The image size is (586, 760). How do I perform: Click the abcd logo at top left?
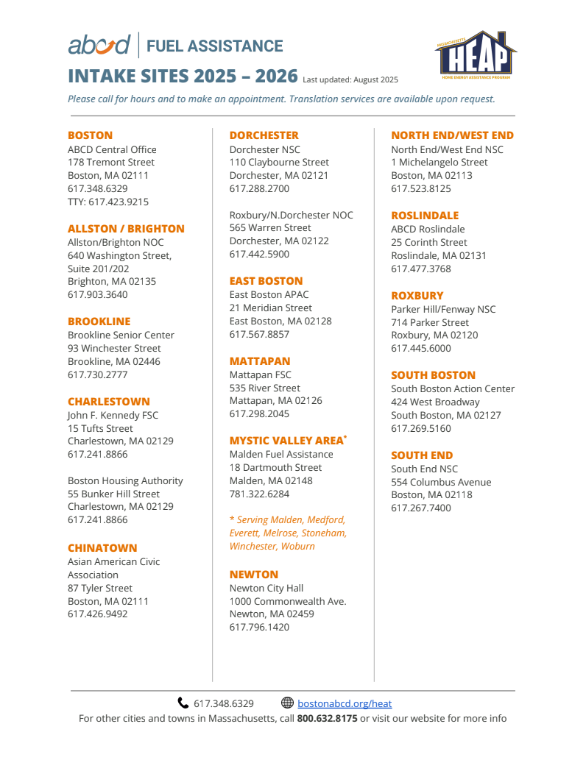[99, 45]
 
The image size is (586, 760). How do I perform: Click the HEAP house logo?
[475, 54]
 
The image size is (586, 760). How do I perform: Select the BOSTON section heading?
[90, 135]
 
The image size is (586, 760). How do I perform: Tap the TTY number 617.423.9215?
[108, 202]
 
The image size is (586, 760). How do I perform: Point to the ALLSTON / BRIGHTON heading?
[126, 229]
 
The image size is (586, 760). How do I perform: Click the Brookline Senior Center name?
[121, 335]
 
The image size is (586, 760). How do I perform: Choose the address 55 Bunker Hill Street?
[113, 494]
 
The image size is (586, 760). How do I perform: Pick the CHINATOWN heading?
[102, 548]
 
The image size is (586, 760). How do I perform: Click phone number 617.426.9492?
[97, 614]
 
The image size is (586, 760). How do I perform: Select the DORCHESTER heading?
[264, 135]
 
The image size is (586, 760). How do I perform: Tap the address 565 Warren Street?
[270, 227]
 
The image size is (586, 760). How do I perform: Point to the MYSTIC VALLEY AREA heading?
[286, 441]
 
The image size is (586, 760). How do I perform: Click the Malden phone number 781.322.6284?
[259, 494]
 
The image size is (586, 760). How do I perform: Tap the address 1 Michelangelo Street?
[439, 162]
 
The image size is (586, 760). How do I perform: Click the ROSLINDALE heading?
[425, 216]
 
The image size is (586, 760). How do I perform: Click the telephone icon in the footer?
[183, 703]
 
